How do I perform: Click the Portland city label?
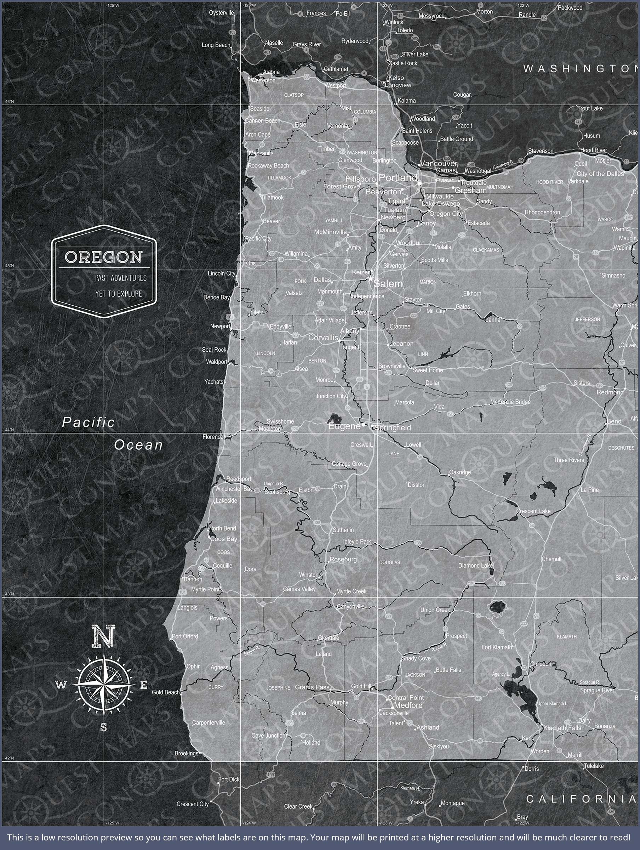click(398, 177)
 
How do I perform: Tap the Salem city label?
click(388, 284)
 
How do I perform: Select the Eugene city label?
click(344, 426)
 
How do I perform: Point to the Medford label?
click(408, 705)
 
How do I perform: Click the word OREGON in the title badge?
click(104, 257)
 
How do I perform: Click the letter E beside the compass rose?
click(143, 685)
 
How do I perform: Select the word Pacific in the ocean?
click(88, 423)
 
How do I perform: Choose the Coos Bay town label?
click(224, 539)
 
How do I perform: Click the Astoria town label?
click(271, 72)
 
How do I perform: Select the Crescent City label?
click(193, 804)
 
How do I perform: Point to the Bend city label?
click(614, 421)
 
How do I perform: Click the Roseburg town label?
click(343, 560)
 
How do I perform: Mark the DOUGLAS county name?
click(389, 562)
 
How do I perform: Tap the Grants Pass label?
click(312, 687)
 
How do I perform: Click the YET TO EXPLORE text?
click(119, 294)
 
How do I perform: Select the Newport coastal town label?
click(220, 326)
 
